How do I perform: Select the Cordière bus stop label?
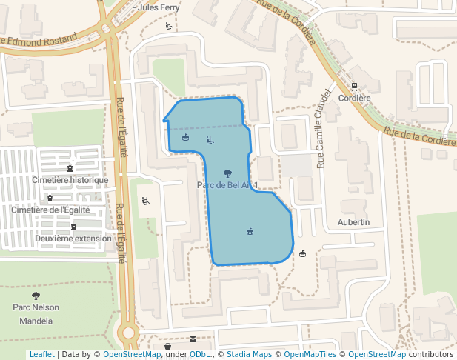[x=353, y=98]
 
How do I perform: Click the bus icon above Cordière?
[x=354, y=86]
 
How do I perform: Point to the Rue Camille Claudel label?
[x=323, y=130]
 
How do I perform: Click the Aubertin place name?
[x=353, y=222]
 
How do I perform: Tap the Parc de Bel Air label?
[x=227, y=184]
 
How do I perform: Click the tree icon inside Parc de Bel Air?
[x=227, y=173]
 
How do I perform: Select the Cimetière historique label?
[x=70, y=180]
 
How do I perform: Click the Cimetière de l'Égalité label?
[x=50, y=210]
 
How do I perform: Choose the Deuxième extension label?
[x=73, y=239]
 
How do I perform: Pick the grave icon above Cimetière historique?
[x=70, y=168]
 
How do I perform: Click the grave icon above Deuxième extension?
[x=73, y=227]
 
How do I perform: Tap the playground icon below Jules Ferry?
[x=169, y=27]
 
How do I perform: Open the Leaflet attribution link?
[x=41, y=354]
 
